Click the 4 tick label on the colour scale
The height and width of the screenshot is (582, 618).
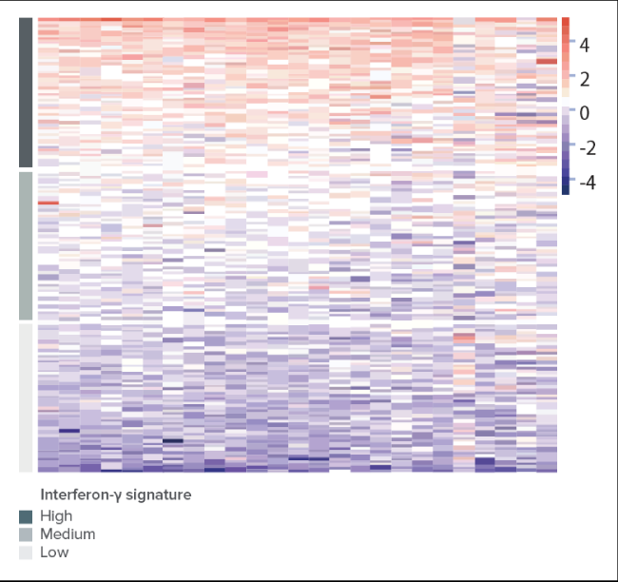point(585,46)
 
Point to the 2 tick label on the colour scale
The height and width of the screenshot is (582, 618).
point(585,80)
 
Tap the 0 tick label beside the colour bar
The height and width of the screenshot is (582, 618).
point(585,113)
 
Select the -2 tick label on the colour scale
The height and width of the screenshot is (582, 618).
point(588,148)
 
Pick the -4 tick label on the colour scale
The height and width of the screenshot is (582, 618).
point(588,183)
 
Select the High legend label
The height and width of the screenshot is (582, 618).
point(56,516)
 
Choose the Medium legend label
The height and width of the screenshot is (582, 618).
point(68,534)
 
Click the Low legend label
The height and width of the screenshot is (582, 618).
point(54,553)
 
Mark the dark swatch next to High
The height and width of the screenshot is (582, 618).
point(26,517)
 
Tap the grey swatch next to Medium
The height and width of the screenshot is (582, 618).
point(26,534)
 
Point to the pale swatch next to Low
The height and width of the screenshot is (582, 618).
point(26,553)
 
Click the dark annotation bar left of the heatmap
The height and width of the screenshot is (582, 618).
point(26,92)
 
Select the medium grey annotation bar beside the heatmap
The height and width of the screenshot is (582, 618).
point(26,245)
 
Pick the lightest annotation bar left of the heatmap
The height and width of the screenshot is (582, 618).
point(26,398)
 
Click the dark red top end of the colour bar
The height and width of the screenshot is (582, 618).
point(566,21)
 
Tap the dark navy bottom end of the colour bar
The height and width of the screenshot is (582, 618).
point(566,190)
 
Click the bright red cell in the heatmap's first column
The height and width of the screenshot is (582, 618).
point(48,203)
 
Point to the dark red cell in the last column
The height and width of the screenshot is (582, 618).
point(547,61)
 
